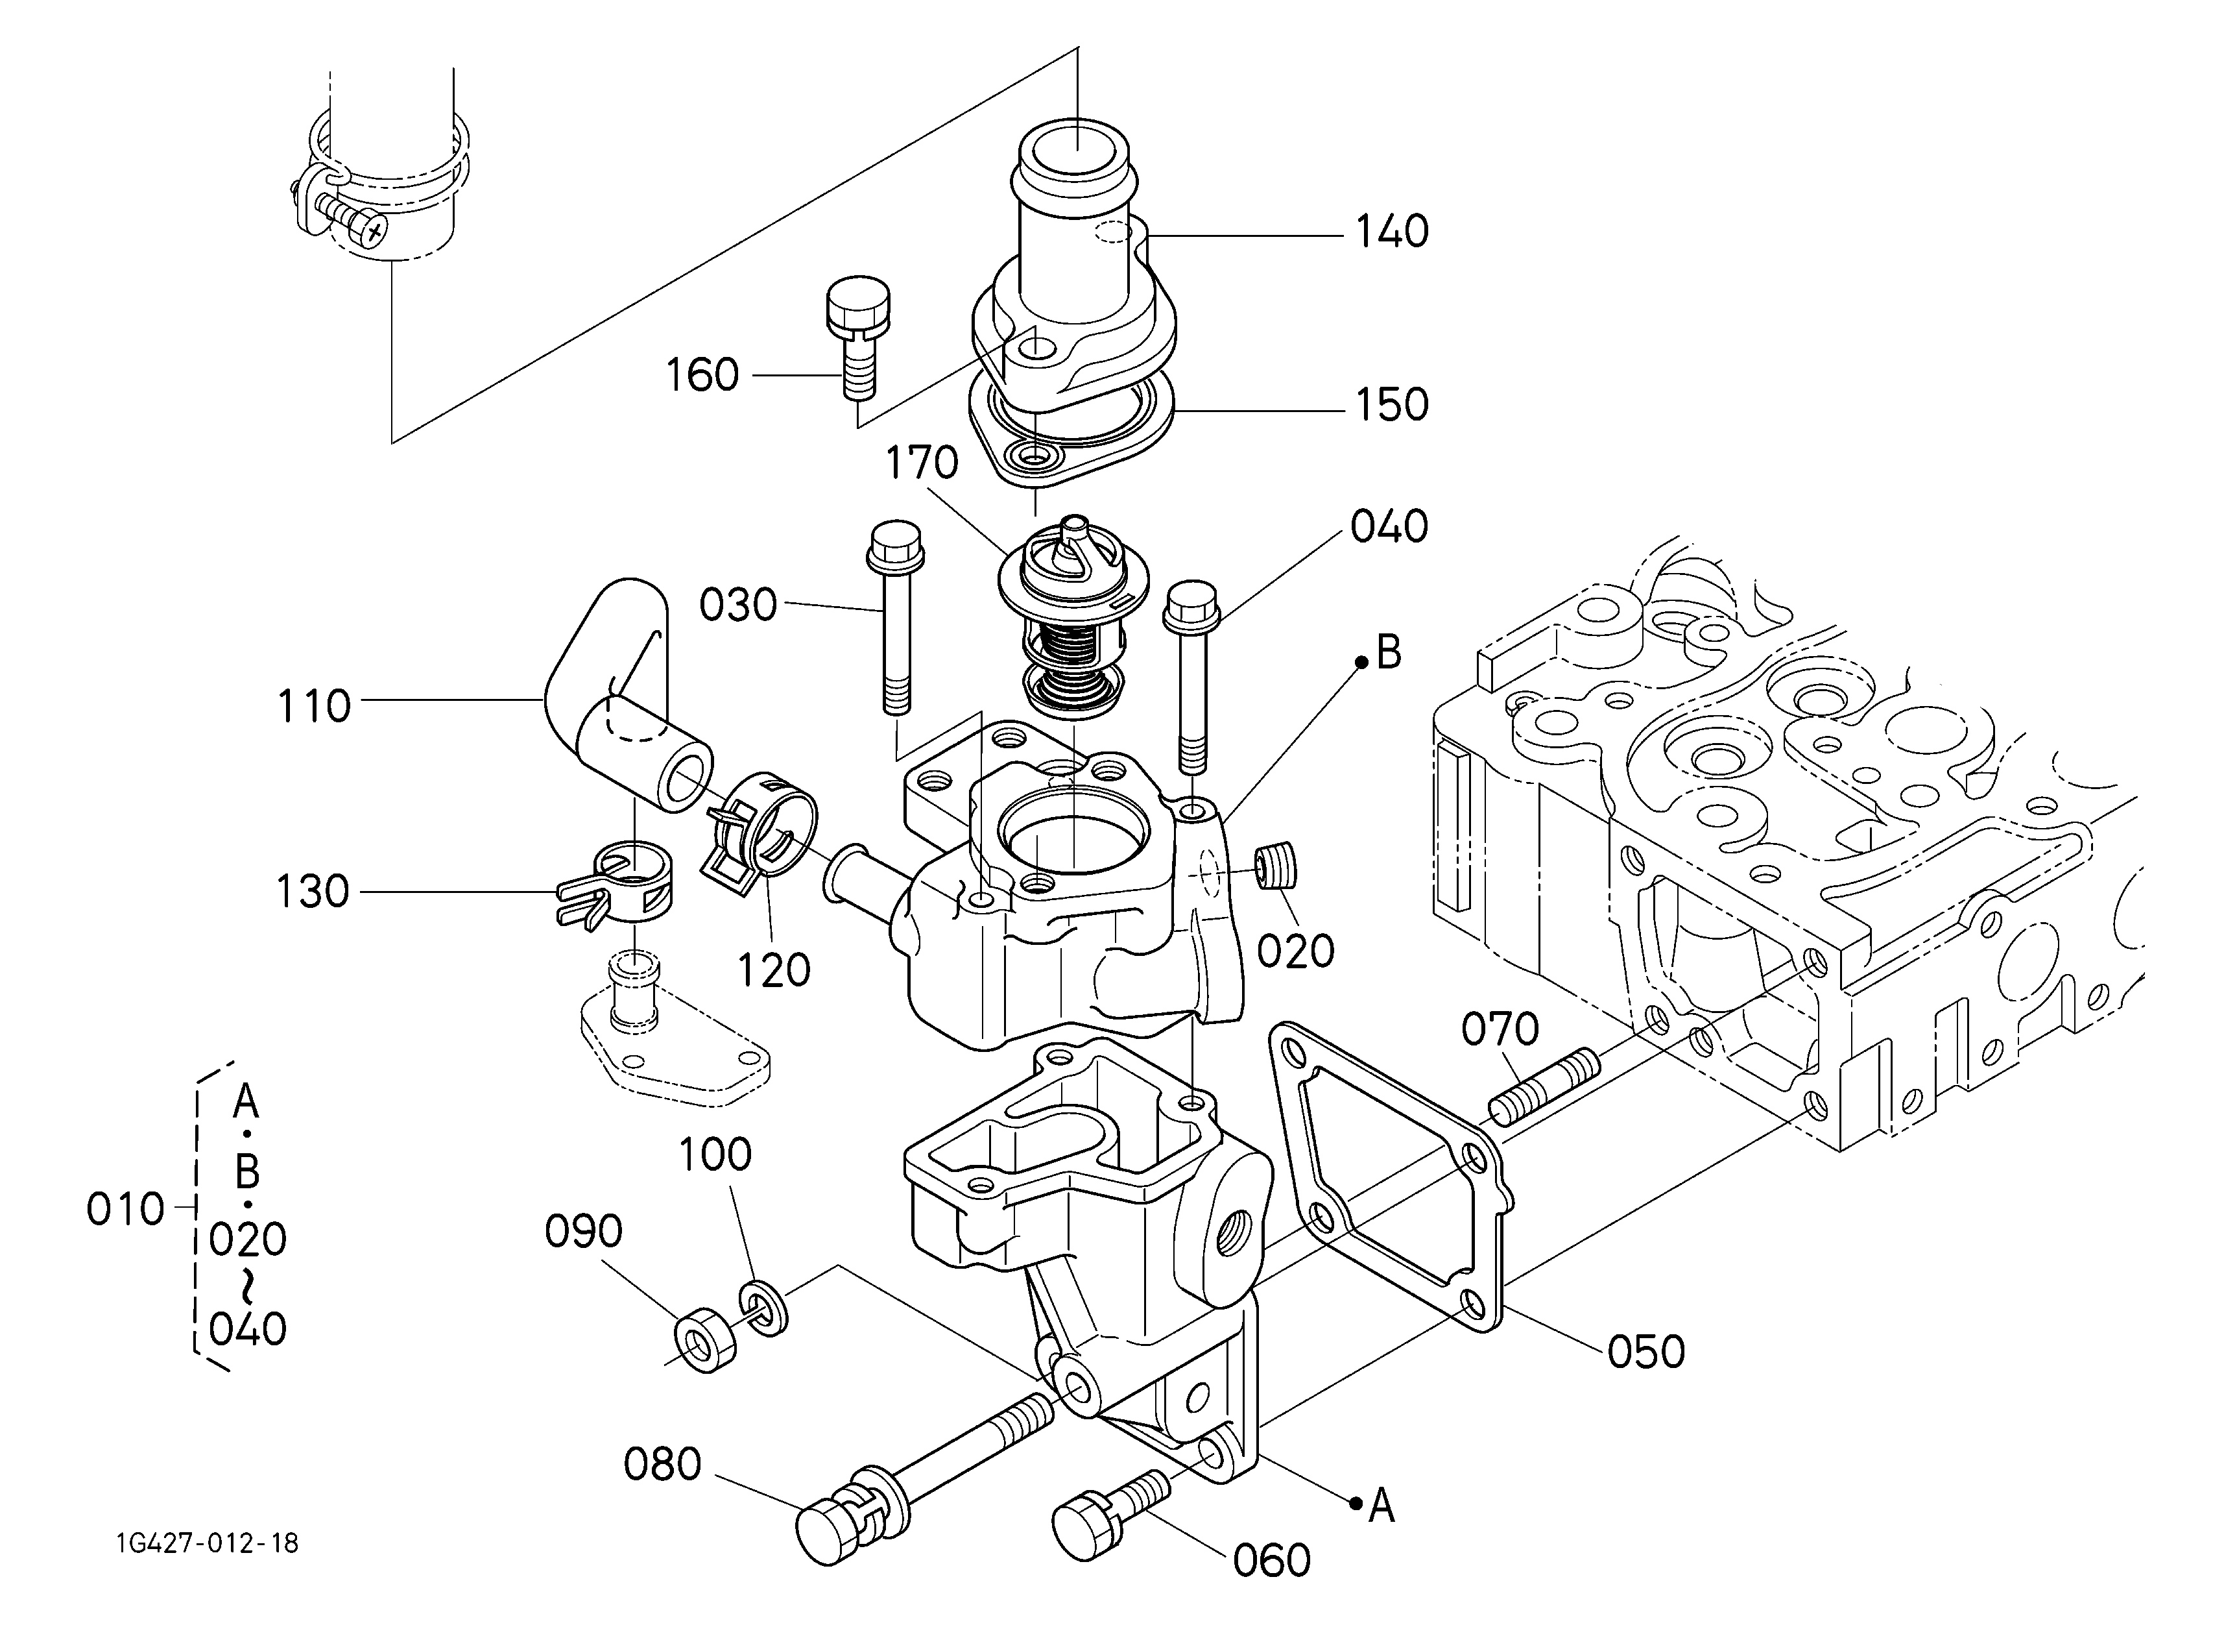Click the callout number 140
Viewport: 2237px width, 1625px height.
1392,232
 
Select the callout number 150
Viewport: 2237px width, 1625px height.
1392,404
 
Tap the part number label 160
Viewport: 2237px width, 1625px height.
702,375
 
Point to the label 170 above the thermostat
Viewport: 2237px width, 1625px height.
922,462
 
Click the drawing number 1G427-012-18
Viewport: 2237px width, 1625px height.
206,1543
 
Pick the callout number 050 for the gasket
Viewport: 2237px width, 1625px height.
1646,1352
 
